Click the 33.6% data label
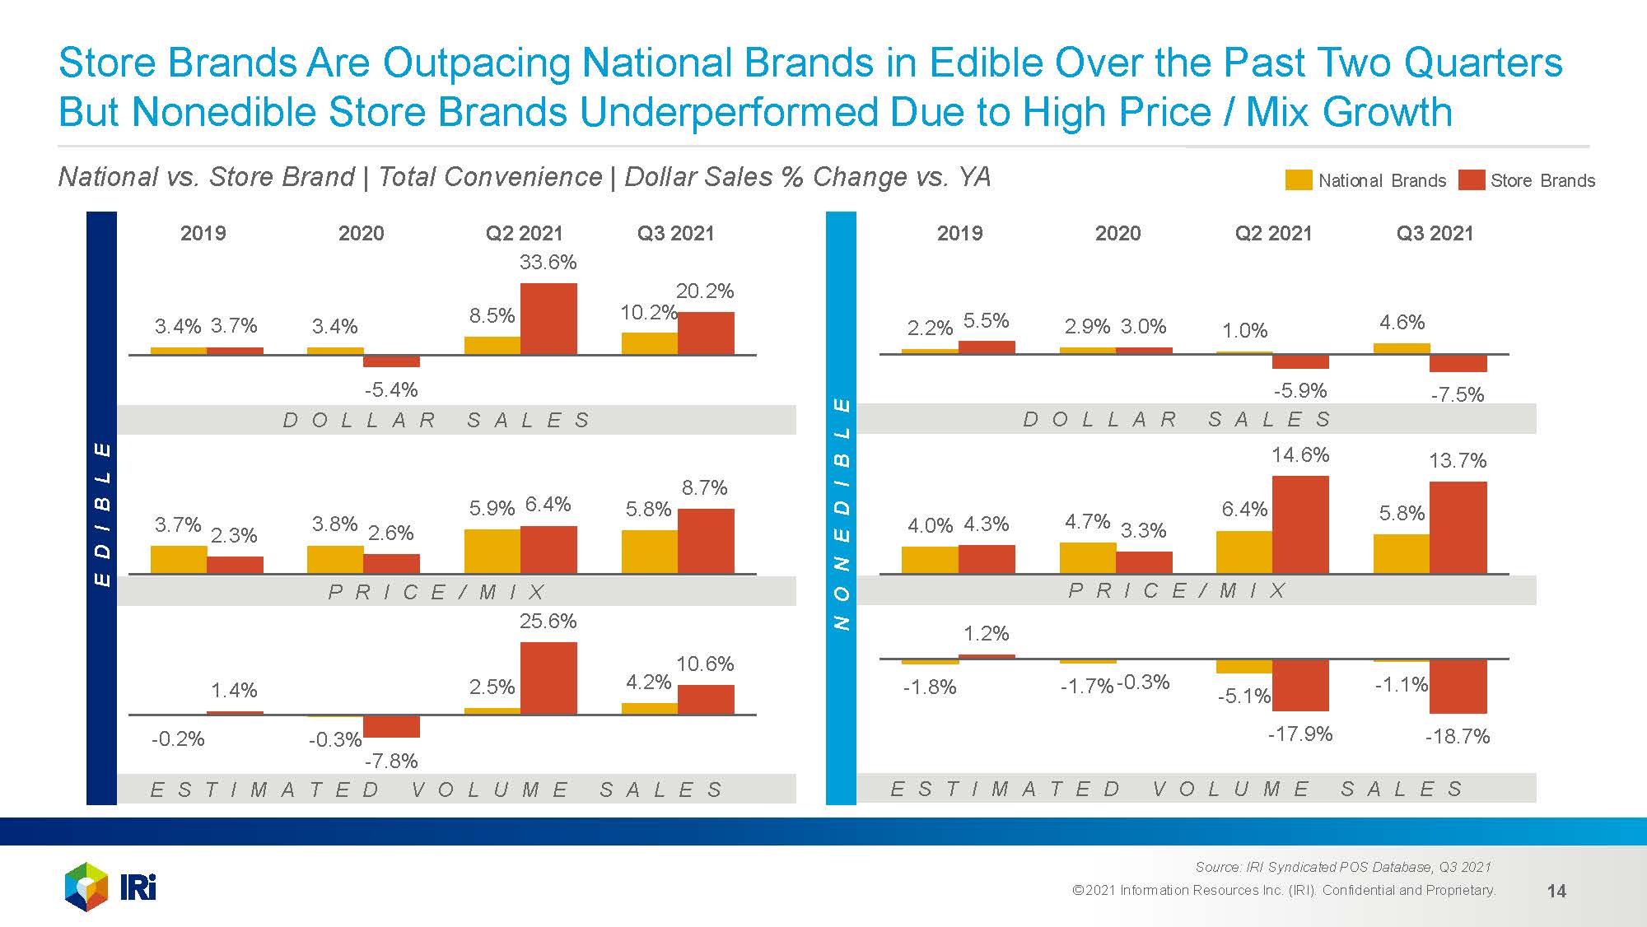(x=548, y=263)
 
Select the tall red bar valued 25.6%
(x=548, y=678)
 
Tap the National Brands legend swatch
(x=1298, y=180)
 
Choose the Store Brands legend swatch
(x=1471, y=180)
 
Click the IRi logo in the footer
(x=110, y=887)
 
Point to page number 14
(x=1556, y=891)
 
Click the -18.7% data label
(x=1458, y=737)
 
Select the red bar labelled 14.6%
(x=1300, y=524)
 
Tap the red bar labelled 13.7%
(x=1458, y=528)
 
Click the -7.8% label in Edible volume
(x=391, y=761)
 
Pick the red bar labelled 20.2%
(x=706, y=333)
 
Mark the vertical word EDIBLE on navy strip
(x=102, y=514)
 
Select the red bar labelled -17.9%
(x=1300, y=685)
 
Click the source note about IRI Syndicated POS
(x=1342, y=867)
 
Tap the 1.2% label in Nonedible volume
(x=986, y=634)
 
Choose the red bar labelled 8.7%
(x=706, y=541)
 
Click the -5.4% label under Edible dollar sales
(x=391, y=389)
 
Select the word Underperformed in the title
(x=728, y=112)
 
